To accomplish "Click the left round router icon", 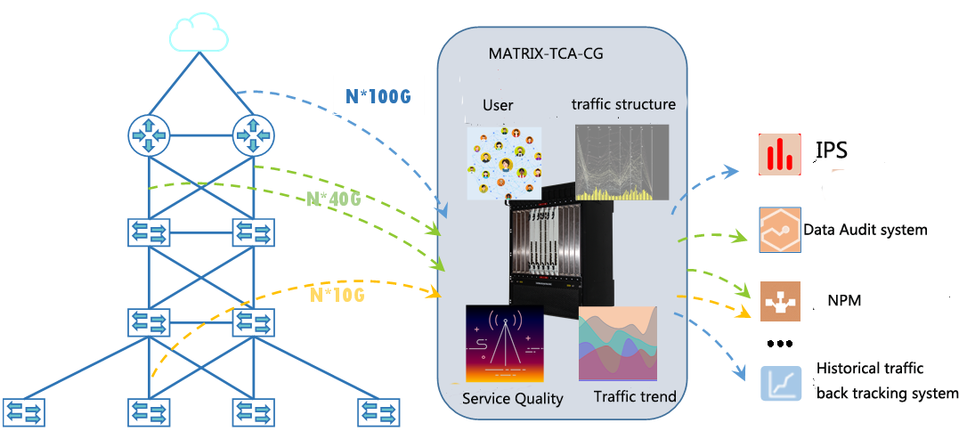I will coord(149,135).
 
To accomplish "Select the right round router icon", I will coord(254,135).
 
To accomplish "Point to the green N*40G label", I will coord(334,199).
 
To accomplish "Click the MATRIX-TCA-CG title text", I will coord(545,53).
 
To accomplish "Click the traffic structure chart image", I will coord(622,161).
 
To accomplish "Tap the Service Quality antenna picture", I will coord(504,343).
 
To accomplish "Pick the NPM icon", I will coord(780,302).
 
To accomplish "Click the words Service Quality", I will coord(512,399).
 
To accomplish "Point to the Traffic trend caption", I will coord(635,396).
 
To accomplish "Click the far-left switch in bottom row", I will coord(24,412).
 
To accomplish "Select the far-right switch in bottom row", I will coord(378,412).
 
